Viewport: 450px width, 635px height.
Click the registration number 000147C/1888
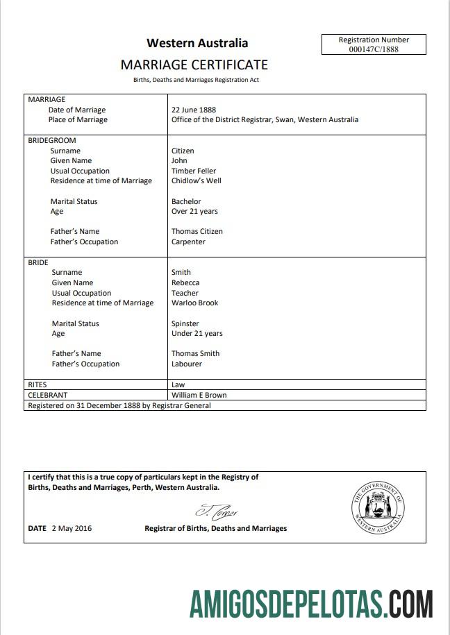pyautogui.click(x=374, y=49)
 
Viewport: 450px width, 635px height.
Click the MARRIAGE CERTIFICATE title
pyautogui.click(x=194, y=65)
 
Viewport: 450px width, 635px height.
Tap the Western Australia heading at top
pyautogui.click(x=197, y=43)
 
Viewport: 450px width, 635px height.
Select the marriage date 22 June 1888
pyautogui.click(x=194, y=110)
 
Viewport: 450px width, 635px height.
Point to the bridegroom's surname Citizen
pyautogui.click(x=183, y=151)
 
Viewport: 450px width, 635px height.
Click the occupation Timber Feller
pyautogui.click(x=194, y=171)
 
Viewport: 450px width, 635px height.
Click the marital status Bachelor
pyautogui.click(x=186, y=201)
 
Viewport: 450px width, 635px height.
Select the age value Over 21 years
pyautogui.click(x=194, y=211)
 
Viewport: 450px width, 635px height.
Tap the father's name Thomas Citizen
pyautogui.click(x=197, y=231)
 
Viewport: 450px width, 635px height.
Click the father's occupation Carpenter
pyautogui.click(x=188, y=242)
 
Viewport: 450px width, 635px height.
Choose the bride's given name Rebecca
pyautogui.click(x=185, y=282)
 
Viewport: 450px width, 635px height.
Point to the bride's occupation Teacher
pyautogui.click(x=185, y=293)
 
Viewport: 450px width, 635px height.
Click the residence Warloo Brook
pyautogui.click(x=195, y=303)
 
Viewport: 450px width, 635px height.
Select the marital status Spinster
pyautogui.click(x=185, y=323)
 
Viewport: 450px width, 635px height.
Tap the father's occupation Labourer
pyautogui.click(x=187, y=364)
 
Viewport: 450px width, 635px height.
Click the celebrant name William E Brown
pyautogui.click(x=199, y=395)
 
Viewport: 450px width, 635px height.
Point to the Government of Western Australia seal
pyautogui.click(x=378, y=507)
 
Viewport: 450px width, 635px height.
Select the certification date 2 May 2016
pyautogui.click(x=72, y=528)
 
